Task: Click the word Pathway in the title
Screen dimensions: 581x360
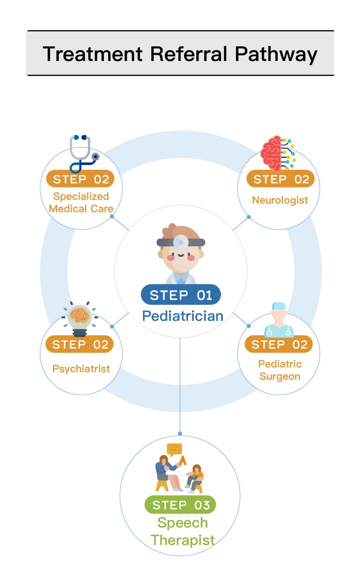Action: [276, 54]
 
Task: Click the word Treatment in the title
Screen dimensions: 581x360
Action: [93, 54]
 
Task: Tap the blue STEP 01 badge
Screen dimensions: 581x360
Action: [181, 295]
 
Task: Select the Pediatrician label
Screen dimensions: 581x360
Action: [182, 316]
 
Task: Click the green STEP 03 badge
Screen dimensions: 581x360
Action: [180, 505]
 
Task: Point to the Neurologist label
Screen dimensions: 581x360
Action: [280, 200]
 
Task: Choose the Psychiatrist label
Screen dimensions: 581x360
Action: [81, 368]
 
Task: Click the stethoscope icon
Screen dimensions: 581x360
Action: [83, 154]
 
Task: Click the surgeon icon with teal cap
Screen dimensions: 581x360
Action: [279, 320]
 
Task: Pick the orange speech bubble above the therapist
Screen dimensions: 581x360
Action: [175, 449]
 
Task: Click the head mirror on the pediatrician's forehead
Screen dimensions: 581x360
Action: [180, 242]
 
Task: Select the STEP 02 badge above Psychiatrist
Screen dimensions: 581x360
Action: [80, 344]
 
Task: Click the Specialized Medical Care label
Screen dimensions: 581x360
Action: [81, 202]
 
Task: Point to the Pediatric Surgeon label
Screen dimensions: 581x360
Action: [280, 370]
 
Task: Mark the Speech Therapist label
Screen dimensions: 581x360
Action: [182, 531]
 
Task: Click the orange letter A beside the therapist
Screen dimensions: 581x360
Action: [183, 460]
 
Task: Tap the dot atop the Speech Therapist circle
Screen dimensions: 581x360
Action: [180, 434]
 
